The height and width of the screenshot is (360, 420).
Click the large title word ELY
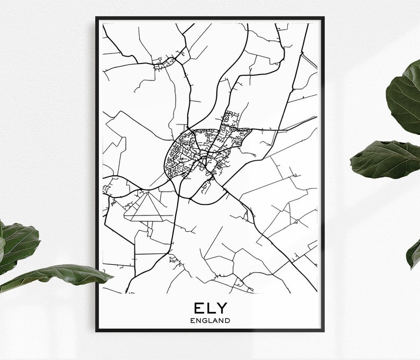pyautogui.click(x=210, y=308)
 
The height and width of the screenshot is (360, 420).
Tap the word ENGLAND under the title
pyautogui.click(x=210, y=320)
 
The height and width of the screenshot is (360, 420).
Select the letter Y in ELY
pyautogui.click(x=221, y=308)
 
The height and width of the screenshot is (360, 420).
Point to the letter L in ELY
pyautogui.click(x=210, y=308)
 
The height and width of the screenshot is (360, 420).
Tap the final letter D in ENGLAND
pyautogui.click(x=227, y=320)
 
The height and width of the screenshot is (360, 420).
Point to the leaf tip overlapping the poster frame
pyautogui.click(x=103, y=276)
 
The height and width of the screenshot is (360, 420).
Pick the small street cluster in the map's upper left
pyautogui.click(x=164, y=62)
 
